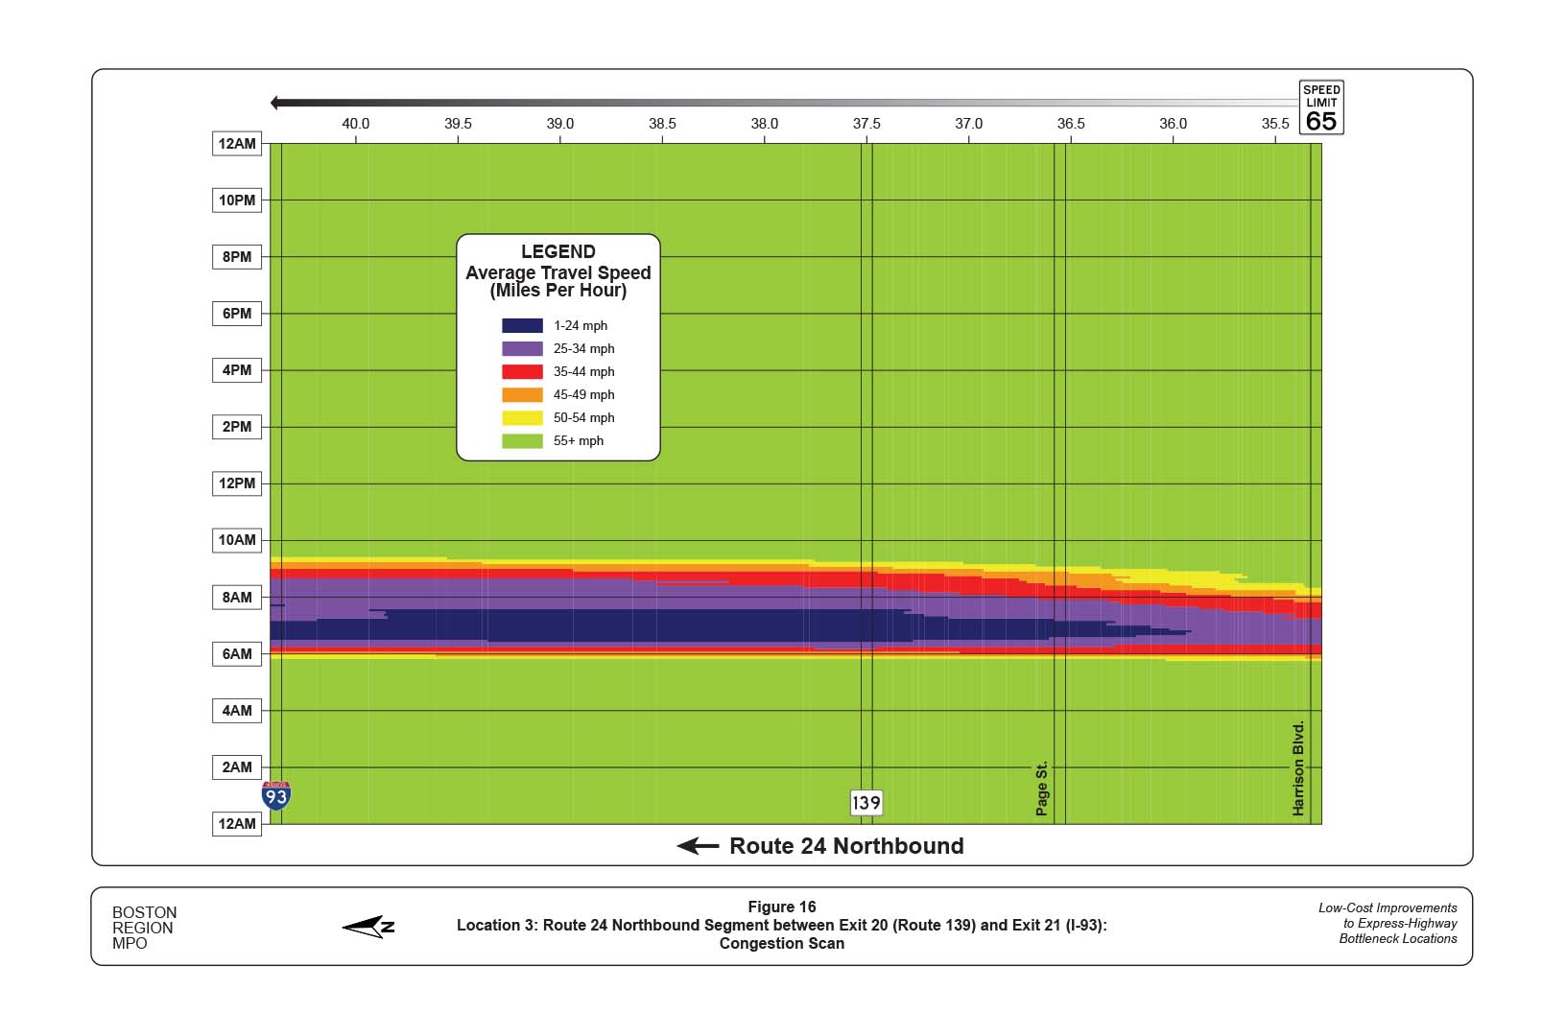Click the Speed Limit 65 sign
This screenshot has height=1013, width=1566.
click(1320, 107)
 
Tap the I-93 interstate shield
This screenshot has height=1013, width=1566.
click(276, 796)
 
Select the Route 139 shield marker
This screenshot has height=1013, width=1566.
click(866, 803)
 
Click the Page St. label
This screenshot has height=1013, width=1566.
click(1041, 789)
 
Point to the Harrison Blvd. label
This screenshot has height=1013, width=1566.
click(1298, 768)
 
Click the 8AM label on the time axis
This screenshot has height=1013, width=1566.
click(237, 597)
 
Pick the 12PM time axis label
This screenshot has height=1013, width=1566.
click(237, 483)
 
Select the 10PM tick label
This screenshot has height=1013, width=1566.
click(237, 200)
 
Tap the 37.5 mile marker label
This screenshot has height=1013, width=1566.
click(866, 124)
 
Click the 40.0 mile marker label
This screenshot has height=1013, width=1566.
click(355, 124)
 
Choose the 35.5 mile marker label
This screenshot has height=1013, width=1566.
click(1274, 124)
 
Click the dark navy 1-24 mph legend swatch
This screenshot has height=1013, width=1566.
click(522, 326)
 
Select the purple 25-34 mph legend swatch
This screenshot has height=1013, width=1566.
click(522, 349)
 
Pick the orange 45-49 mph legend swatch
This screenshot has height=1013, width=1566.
click(522, 395)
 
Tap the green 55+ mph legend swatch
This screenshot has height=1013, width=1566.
click(522, 441)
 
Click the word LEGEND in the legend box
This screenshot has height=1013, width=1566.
click(558, 251)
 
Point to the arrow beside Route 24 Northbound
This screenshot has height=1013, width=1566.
click(698, 846)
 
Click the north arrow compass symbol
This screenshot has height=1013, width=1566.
click(368, 926)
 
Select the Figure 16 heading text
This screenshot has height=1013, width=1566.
click(781, 907)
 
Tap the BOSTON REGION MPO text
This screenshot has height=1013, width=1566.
click(144, 928)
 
